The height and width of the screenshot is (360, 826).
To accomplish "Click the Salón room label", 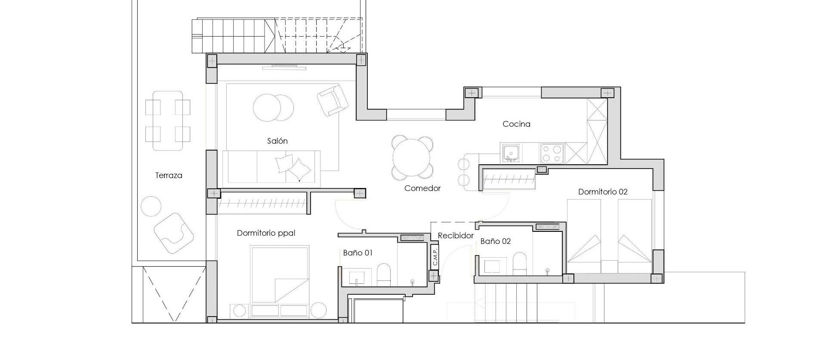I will pos(277,141).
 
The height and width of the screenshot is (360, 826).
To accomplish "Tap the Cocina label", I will pos(516,124).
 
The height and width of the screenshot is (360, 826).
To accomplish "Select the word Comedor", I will pos(422,188).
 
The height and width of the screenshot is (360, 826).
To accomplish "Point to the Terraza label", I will pos(169,175).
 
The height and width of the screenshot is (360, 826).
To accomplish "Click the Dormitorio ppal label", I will pos(266,233).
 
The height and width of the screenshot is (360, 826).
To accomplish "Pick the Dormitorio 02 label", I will pos(602,192).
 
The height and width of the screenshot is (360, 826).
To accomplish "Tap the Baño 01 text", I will pos(358,253).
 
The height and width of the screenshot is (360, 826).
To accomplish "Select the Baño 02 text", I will pos(495,242).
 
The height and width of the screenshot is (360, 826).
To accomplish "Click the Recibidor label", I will pos(456,236).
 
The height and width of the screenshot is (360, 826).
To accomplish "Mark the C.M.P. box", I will pos(435,257).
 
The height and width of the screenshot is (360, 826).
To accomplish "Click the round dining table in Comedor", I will pos(412,158).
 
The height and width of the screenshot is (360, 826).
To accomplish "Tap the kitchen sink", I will pos(511,153).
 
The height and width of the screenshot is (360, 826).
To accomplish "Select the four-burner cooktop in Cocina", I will pos(552,153).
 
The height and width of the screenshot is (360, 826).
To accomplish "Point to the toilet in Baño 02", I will pos(520,263).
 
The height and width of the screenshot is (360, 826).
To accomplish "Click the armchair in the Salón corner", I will pos(332,101).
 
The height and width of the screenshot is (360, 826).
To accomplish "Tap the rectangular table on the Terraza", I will pos(168,120).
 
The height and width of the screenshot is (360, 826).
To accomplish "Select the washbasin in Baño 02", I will pos(492,266).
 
